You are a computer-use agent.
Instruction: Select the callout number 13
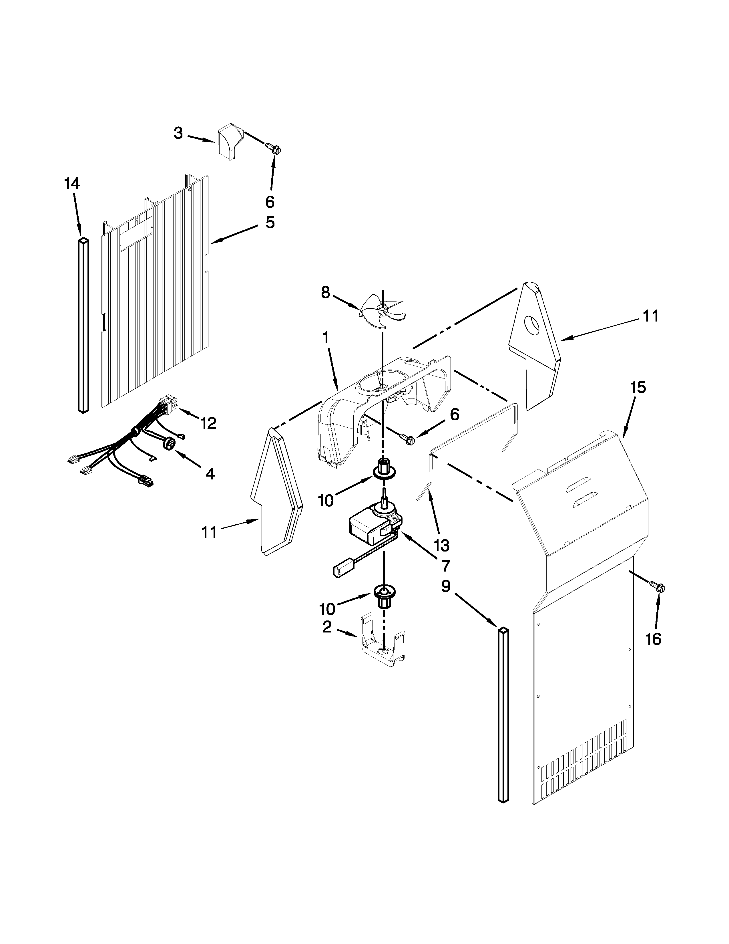coord(442,546)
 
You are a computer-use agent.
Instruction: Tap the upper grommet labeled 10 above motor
coord(382,469)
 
